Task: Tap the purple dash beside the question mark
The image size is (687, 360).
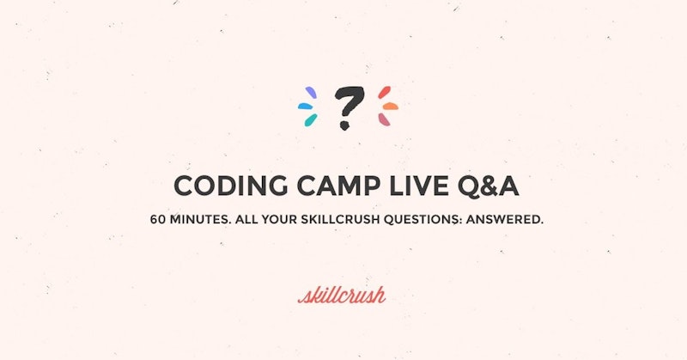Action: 310,92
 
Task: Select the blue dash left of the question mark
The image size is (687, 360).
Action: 305,107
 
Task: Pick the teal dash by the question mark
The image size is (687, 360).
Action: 310,120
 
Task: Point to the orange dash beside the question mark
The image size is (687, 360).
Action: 390,107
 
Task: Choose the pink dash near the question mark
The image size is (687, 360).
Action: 385,119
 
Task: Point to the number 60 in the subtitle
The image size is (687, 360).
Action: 158,220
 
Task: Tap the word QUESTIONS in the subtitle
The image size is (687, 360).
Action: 427,220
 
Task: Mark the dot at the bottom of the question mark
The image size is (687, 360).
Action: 344,125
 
